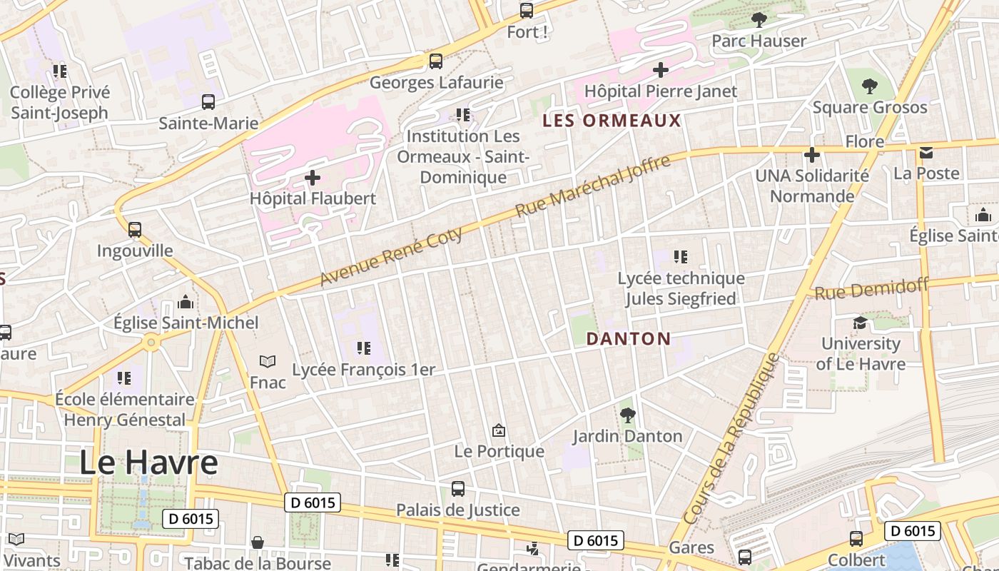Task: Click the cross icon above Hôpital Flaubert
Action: click(x=313, y=177)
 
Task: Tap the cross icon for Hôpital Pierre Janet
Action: click(x=661, y=70)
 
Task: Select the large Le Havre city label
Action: click(x=148, y=463)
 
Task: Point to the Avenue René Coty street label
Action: click(x=391, y=256)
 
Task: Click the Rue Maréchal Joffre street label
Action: click(x=593, y=186)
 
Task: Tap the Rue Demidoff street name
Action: click(x=871, y=289)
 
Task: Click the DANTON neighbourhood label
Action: click(x=629, y=339)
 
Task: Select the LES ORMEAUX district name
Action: click(x=612, y=121)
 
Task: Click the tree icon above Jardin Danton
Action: click(x=627, y=415)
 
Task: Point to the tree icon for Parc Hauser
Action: click(x=759, y=20)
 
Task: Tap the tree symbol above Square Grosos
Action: click(x=869, y=86)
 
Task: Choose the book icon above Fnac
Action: click(x=268, y=362)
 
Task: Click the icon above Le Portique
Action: click(x=499, y=430)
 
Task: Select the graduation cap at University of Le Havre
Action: click(x=860, y=323)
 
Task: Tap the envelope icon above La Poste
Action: click(x=926, y=153)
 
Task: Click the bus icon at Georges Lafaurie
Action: click(x=435, y=61)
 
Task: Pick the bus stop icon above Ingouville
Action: click(x=135, y=230)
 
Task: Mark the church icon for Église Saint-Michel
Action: click(x=186, y=302)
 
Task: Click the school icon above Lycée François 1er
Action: click(x=364, y=348)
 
